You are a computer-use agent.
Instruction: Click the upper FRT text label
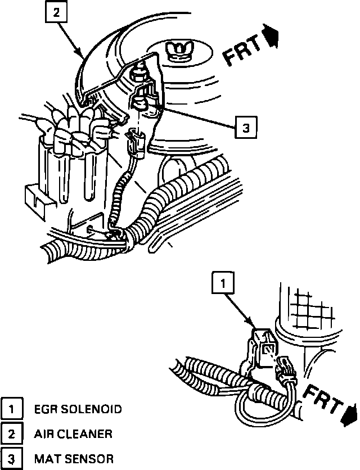[244, 50]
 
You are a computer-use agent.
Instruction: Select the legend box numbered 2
[11, 433]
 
